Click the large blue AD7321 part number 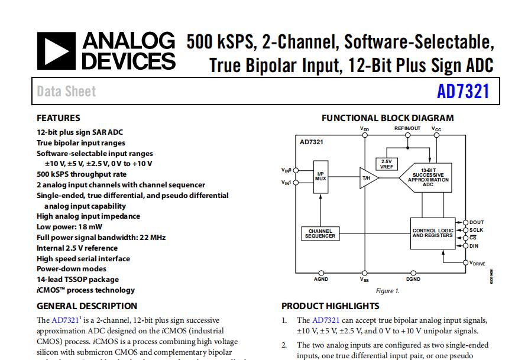tap(463, 91)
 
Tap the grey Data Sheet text tap(66, 91)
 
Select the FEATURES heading tap(58, 118)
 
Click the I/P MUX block tap(320, 176)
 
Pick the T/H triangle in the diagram tap(367, 177)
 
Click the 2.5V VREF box tap(387, 164)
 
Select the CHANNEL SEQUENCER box tap(320, 233)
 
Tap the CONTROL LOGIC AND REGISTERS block tap(433, 233)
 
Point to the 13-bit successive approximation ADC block tap(428, 177)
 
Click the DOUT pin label tap(476, 222)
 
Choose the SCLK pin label tap(476, 230)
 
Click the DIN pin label tap(474, 245)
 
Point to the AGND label tap(321, 279)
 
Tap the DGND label tap(413, 279)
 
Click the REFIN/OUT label tap(407, 128)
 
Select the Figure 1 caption tap(387, 291)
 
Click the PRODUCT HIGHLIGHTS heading tap(330, 306)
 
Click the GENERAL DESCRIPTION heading tap(86, 306)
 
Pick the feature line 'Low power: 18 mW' tap(69, 226)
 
